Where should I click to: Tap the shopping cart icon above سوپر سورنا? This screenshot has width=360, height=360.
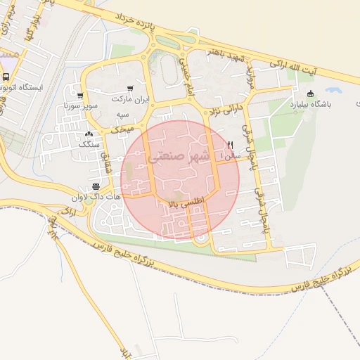point(81,96)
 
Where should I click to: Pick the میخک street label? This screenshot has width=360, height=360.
point(122,129)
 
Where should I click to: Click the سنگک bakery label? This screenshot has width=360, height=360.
point(89,143)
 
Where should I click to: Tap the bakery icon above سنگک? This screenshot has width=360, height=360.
point(89,134)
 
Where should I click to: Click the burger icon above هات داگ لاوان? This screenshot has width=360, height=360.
point(96,186)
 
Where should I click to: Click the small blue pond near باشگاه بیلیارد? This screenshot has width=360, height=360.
point(333,91)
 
